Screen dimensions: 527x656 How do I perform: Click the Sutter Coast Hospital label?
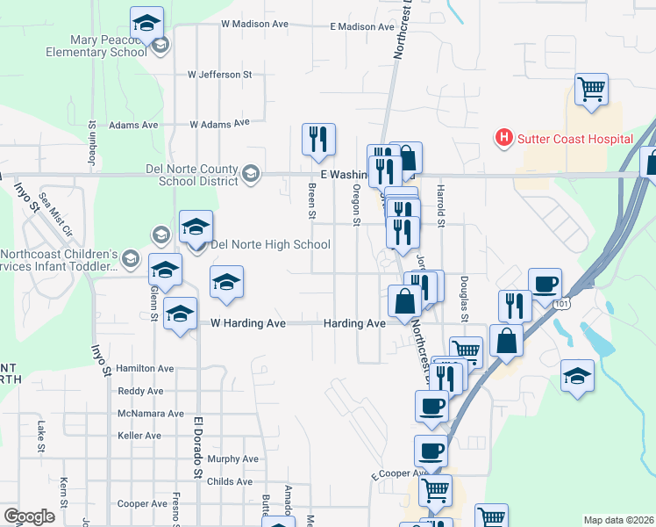pyautogui.click(x=574, y=139)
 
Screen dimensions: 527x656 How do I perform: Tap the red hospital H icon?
pyautogui.click(x=503, y=138)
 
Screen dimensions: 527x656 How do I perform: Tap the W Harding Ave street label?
pyautogui.click(x=248, y=323)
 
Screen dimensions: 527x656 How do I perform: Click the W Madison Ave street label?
pyautogui.click(x=255, y=24)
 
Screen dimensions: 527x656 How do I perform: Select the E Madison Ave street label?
pyautogui.click(x=362, y=27)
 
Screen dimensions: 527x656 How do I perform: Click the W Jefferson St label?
pyautogui.click(x=219, y=75)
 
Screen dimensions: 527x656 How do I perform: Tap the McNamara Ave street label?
pyautogui.click(x=151, y=413)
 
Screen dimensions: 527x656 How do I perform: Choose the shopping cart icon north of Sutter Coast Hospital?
pyautogui.click(x=592, y=89)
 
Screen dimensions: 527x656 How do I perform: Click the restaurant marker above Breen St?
pyautogui.click(x=317, y=139)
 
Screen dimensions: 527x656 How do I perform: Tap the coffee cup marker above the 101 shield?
pyautogui.click(x=545, y=284)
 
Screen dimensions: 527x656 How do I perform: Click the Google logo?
pyautogui.click(x=29, y=516)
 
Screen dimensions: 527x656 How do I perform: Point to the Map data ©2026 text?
pyautogui.click(x=617, y=520)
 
